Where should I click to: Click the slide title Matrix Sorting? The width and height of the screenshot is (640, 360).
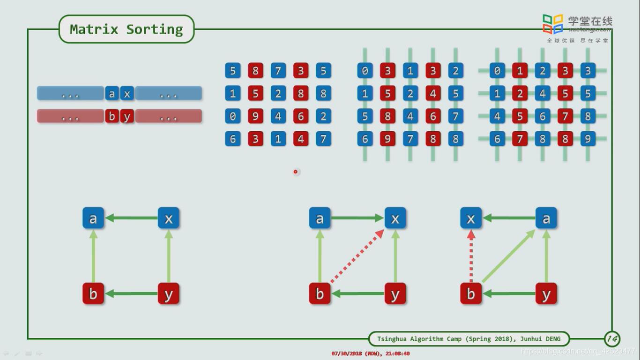click(x=126, y=30)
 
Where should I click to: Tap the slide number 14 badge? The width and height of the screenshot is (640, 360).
click(x=612, y=338)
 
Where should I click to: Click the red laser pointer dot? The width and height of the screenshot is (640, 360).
click(x=295, y=172)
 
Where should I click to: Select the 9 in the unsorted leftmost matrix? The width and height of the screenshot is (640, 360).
click(x=255, y=116)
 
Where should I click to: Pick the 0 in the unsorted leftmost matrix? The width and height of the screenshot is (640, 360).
click(x=232, y=116)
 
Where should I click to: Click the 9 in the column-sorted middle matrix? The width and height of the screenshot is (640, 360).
click(x=387, y=139)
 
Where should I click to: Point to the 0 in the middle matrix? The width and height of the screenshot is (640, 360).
click(x=365, y=71)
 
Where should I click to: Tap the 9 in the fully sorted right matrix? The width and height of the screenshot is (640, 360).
click(x=588, y=139)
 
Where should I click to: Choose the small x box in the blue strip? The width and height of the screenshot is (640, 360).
click(x=127, y=94)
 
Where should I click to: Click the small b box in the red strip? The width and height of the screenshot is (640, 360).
click(x=112, y=116)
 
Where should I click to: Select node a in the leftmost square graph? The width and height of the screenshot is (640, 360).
click(x=93, y=218)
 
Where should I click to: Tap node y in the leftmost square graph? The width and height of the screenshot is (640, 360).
click(x=169, y=294)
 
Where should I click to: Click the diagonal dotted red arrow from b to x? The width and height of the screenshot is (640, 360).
click(x=357, y=256)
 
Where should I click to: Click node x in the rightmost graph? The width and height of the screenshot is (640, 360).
click(x=471, y=218)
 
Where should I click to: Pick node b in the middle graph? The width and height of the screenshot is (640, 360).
click(x=320, y=294)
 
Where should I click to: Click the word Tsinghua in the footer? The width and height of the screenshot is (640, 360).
click(x=391, y=339)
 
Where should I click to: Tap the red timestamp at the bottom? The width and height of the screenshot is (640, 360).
click(x=370, y=353)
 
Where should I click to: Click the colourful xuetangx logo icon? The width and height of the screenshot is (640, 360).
click(x=553, y=24)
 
